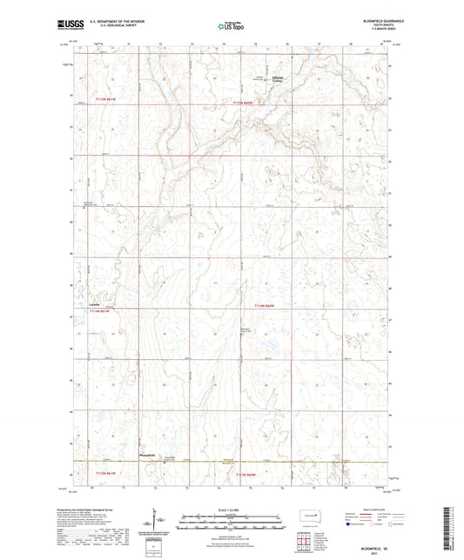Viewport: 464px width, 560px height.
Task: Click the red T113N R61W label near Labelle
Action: [102, 310]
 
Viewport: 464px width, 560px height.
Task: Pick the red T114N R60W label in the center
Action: [247, 102]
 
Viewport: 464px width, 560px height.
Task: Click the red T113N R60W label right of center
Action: [269, 306]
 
